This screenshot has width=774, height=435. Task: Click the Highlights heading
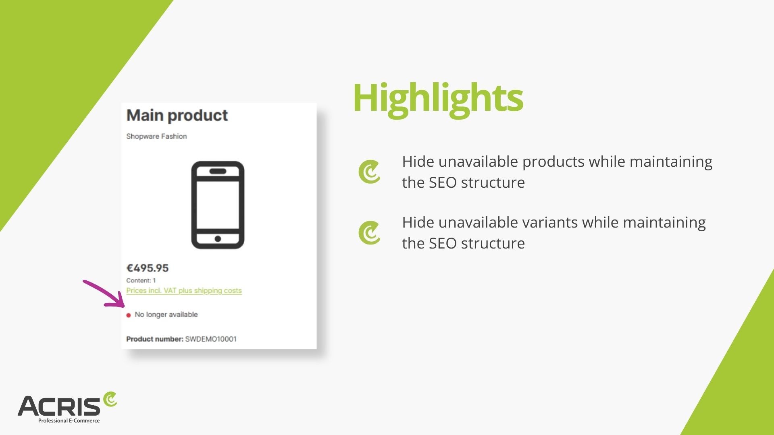(438, 99)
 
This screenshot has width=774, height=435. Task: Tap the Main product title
(177, 116)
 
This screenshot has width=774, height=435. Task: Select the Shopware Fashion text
(156, 136)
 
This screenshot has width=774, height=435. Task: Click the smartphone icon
(218, 205)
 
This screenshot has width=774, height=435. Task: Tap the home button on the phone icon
(218, 239)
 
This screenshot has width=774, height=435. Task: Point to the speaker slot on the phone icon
(218, 171)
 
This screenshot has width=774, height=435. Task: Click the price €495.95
(148, 268)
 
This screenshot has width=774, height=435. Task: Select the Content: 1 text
(141, 280)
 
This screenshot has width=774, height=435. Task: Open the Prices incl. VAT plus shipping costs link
(184, 291)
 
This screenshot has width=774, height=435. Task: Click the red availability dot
(129, 315)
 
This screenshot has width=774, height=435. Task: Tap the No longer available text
(166, 315)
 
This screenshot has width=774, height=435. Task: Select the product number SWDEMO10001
(211, 339)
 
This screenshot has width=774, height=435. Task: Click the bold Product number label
(155, 339)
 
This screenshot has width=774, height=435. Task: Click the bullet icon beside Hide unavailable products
(369, 172)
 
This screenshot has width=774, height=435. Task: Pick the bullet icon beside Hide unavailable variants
(369, 233)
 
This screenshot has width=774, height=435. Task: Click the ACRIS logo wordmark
(59, 406)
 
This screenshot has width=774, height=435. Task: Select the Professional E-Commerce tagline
(69, 420)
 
